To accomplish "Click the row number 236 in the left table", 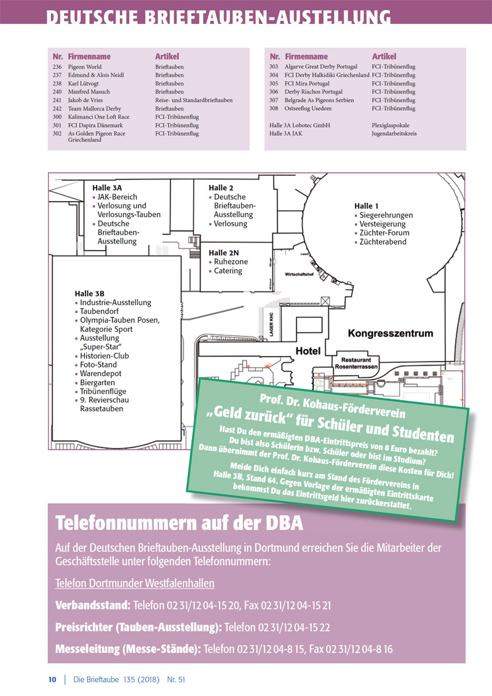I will [x=57, y=67].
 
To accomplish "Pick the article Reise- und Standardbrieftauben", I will [x=194, y=100].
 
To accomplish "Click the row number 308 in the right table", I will [x=274, y=108].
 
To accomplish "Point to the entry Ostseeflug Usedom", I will [x=308, y=108].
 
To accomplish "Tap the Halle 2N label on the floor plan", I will [x=224, y=253].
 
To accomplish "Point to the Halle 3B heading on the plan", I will [x=90, y=293].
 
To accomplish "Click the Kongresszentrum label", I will [x=391, y=334].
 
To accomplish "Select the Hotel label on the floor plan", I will [x=308, y=350].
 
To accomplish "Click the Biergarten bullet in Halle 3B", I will [x=97, y=382].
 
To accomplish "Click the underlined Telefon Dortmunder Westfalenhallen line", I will [x=135, y=583].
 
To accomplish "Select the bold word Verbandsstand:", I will [x=92, y=606].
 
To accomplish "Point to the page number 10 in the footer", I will [x=52, y=679].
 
